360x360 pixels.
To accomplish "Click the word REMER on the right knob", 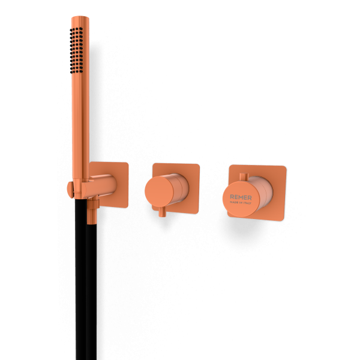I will (241, 196).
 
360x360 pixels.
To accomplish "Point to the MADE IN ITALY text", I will (241, 203).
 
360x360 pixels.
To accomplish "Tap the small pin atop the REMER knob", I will (242, 176).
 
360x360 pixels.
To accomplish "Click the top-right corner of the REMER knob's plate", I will (284, 168).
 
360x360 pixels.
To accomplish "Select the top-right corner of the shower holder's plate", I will (127, 164).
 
